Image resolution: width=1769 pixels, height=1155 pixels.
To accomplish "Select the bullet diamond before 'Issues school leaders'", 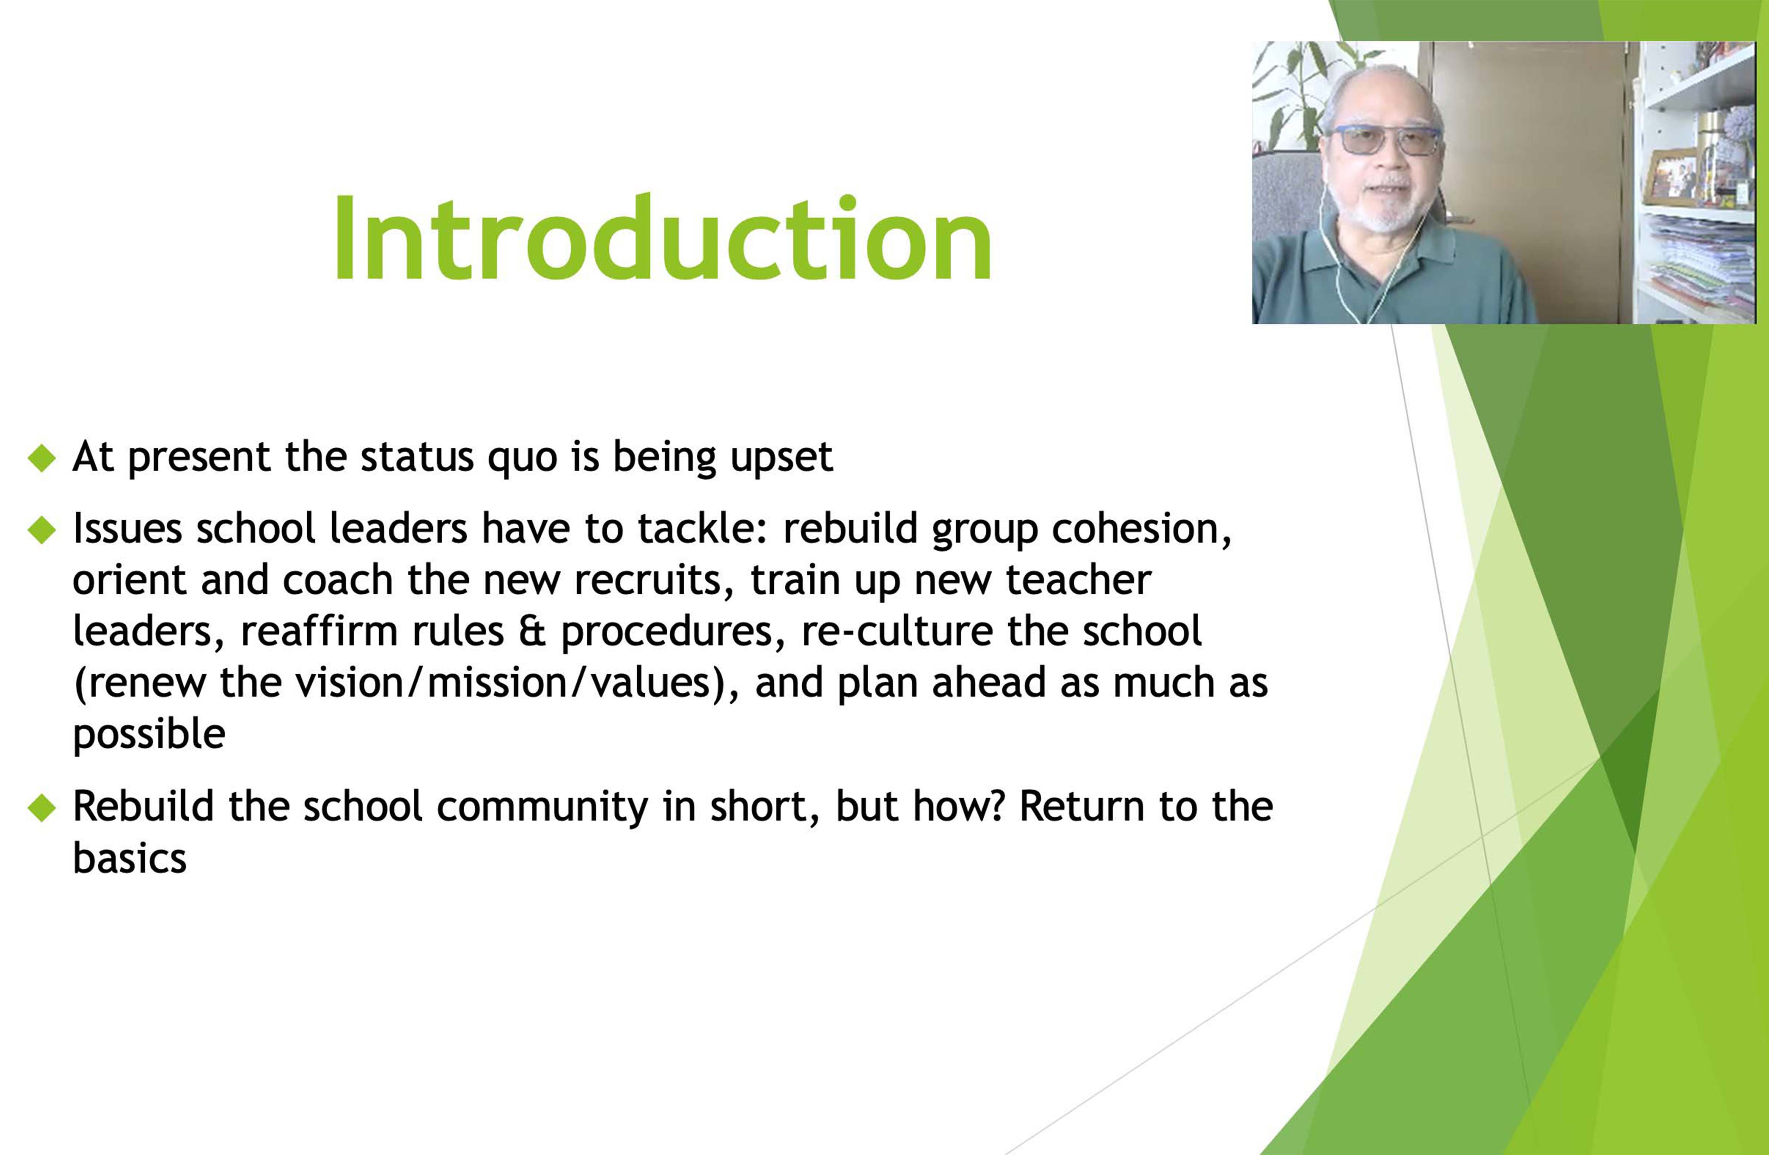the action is coord(42,530).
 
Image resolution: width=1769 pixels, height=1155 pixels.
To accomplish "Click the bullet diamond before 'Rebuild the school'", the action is coord(42,808).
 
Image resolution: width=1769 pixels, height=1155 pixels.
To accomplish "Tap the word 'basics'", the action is coord(129,859).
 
